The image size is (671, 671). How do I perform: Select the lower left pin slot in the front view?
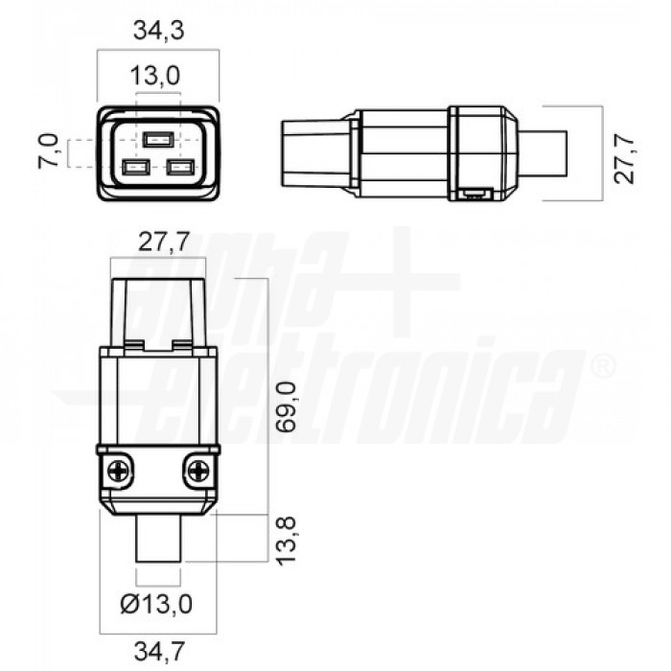click(x=134, y=168)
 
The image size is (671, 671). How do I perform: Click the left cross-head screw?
click(x=117, y=471)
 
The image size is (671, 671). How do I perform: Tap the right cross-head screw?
click(x=199, y=471)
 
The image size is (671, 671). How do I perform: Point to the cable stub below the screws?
click(x=159, y=542)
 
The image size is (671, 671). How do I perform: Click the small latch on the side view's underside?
click(x=474, y=196)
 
